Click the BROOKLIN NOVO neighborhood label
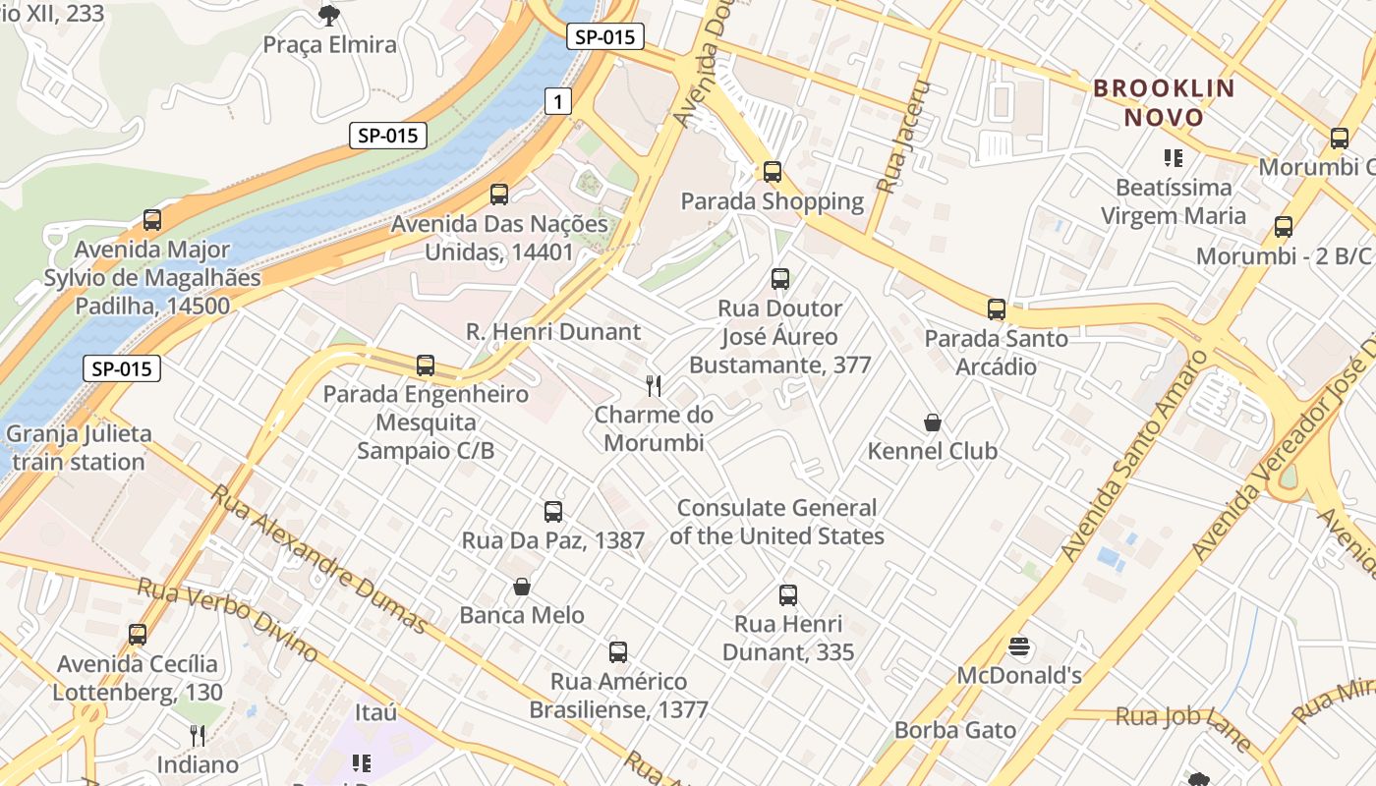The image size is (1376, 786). (x=1164, y=102)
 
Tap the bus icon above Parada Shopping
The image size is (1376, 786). (x=773, y=172)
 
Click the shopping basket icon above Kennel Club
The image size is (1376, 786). (x=933, y=422)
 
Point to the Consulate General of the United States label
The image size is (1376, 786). (x=776, y=522)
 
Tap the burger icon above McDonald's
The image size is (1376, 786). (x=1019, y=646)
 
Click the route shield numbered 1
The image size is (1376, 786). (x=558, y=100)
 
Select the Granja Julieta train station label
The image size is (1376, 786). (x=79, y=447)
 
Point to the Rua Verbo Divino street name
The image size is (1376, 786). (x=227, y=619)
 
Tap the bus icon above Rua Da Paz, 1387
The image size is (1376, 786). (x=553, y=511)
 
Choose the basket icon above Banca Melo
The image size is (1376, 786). (x=522, y=587)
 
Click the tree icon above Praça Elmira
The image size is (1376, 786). (x=329, y=15)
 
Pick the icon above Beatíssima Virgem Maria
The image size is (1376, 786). (x=1173, y=157)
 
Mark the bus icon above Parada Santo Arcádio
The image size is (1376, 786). (x=997, y=309)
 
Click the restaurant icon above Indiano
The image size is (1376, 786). (x=198, y=735)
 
